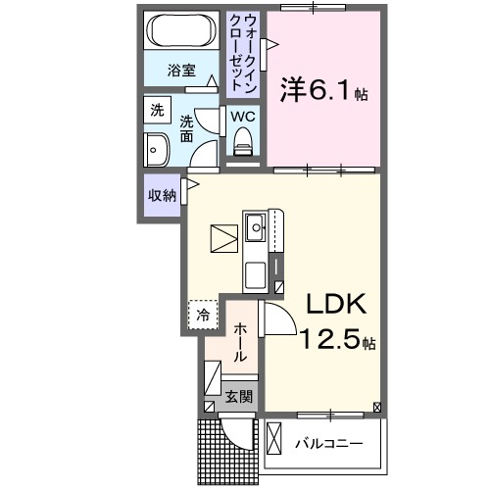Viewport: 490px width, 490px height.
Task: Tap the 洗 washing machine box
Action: click(157, 111)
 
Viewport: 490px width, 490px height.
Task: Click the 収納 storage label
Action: click(162, 194)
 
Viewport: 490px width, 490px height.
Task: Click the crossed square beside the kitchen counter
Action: click(222, 238)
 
